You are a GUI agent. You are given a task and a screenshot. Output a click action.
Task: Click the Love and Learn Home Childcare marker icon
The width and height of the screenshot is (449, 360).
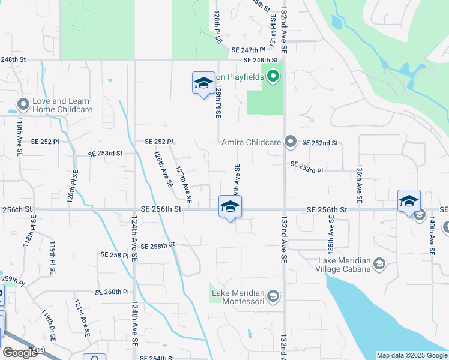click(x=23, y=105)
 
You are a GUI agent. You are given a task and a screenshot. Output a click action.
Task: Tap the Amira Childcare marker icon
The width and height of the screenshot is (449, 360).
click(x=291, y=142)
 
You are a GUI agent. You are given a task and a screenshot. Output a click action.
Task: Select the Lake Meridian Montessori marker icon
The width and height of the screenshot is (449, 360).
click(x=273, y=296)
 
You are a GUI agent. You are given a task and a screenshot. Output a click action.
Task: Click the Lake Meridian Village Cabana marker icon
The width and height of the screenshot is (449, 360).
click(x=379, y=264)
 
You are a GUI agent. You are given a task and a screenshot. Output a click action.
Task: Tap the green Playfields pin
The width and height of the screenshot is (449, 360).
click(x=273, y=76)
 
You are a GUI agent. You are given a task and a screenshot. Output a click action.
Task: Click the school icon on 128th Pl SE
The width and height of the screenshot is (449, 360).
click(x=203, y=83)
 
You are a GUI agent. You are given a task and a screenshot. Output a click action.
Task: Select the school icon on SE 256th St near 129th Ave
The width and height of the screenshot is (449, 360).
click(x=229, y=207)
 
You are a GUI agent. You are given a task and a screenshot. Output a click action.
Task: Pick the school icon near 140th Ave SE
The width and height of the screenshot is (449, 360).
click(x=409, y=201)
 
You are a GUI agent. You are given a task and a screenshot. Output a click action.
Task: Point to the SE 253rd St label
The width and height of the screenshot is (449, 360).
click(x=105, y=154)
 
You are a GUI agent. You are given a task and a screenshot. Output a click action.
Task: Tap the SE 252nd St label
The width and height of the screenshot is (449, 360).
click(x=320, y=143)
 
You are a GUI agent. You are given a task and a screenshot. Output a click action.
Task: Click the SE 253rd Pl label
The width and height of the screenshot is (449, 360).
click(x=306, y=167)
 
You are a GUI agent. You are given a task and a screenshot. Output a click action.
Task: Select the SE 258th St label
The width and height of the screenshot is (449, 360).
click(x=157, y=245)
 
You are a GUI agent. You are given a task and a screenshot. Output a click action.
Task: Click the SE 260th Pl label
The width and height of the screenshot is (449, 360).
click(x=112, y=292)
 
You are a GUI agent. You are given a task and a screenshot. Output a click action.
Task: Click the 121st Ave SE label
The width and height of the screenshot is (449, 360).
click(x=82, y=317)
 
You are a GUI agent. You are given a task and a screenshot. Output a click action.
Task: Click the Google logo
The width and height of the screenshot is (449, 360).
click(x=20, y=353)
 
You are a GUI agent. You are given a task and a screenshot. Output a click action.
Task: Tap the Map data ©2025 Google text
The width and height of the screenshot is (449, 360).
click(x=411, y=355)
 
